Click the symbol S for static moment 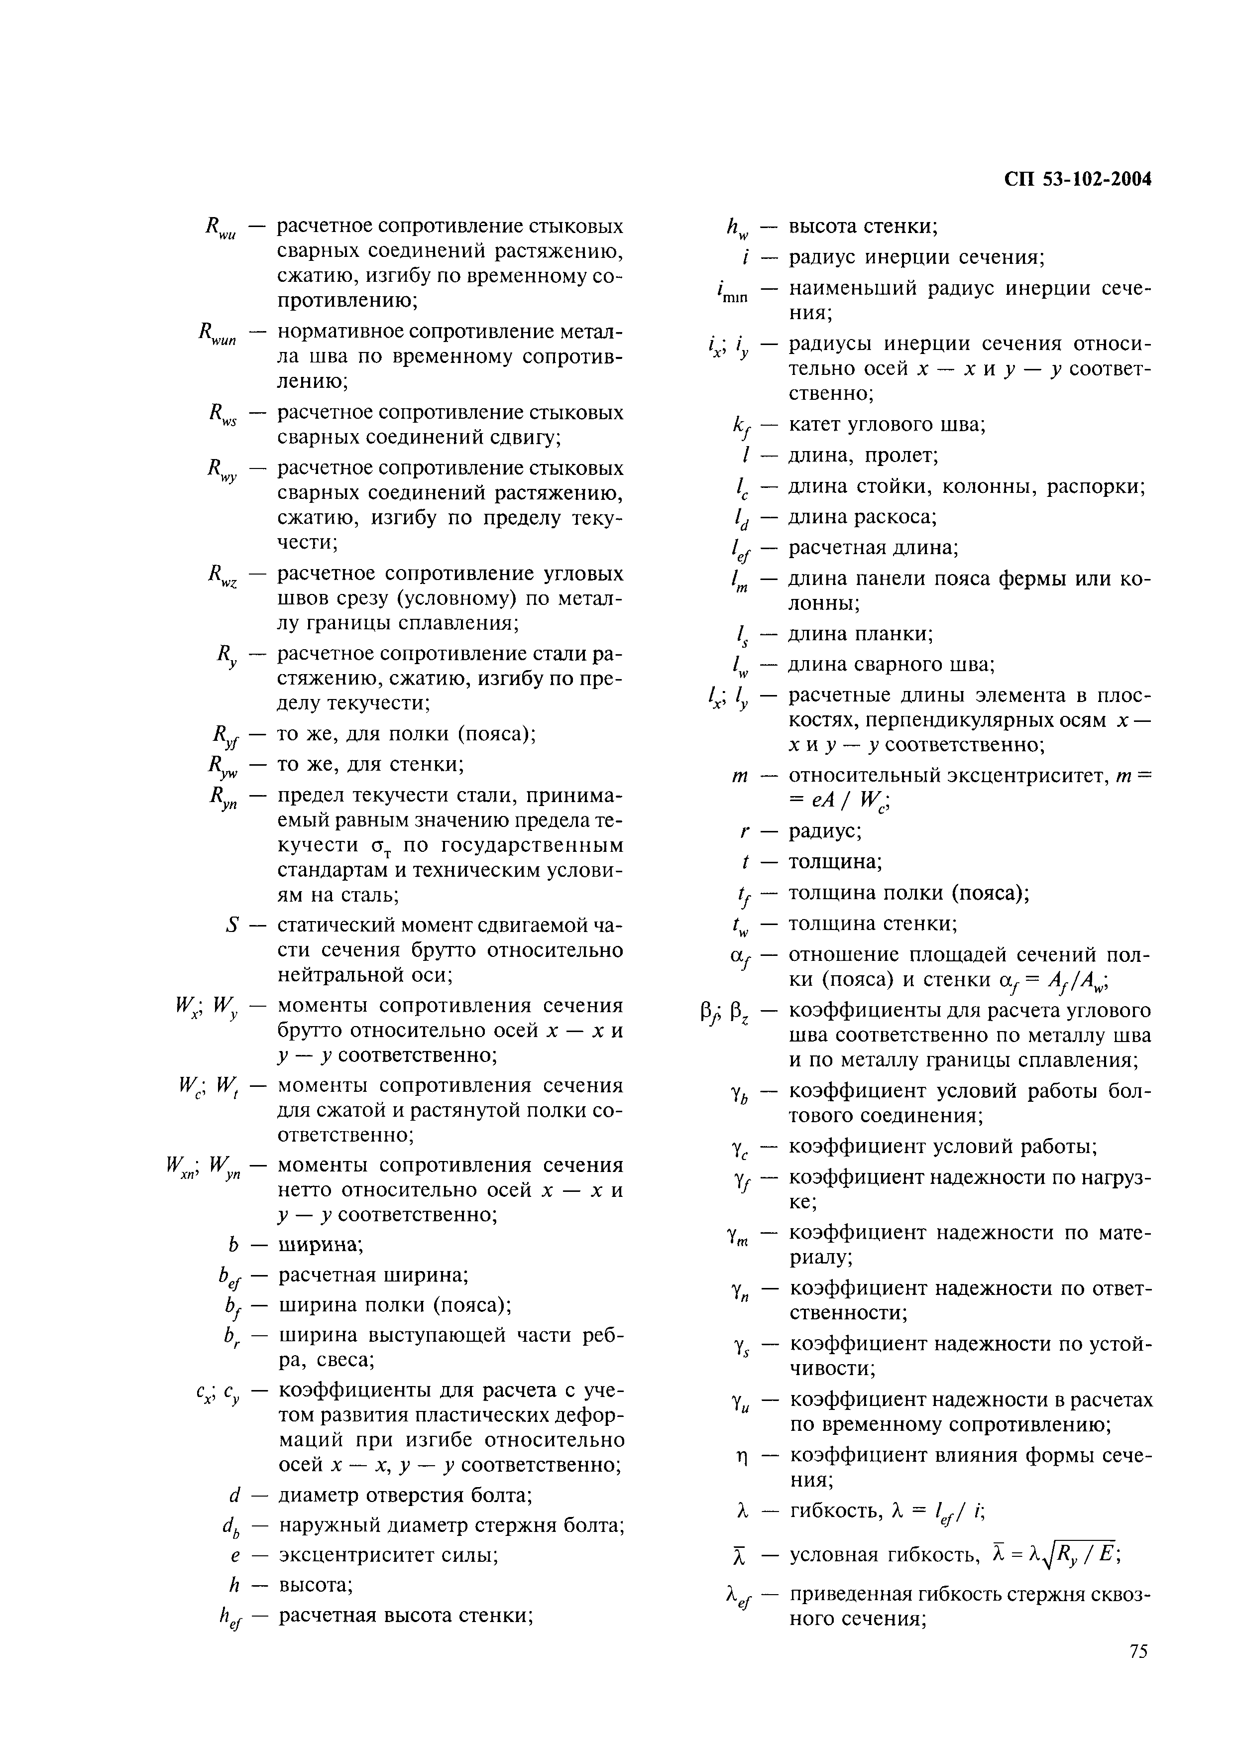click(x=232, y=926)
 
